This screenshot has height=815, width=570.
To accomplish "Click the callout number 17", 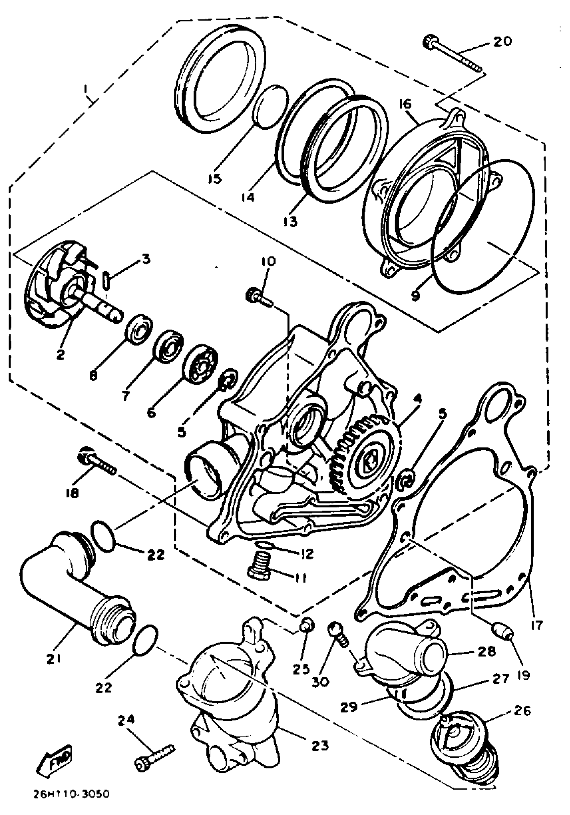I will point(537,624).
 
